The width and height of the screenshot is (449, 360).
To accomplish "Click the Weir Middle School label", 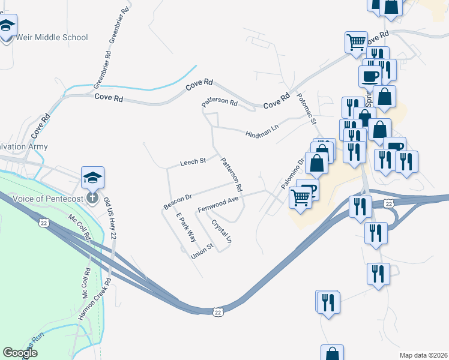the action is [x=53, y=37].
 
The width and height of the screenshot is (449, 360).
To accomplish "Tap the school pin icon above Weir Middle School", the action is [x=7, y=26].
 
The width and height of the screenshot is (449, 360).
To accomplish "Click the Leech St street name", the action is [x=193, y=162].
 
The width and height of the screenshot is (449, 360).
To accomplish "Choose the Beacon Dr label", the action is [x=177, y=201].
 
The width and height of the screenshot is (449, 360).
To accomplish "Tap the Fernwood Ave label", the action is [x=218, y=203].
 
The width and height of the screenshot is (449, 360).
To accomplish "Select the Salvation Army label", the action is [x=23, y=146].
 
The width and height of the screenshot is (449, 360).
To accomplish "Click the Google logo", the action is [x=20, y=353].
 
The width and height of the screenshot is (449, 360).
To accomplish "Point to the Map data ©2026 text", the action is [x=423, y=355].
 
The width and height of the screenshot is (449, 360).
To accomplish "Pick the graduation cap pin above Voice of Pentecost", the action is [x=92, y=177].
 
